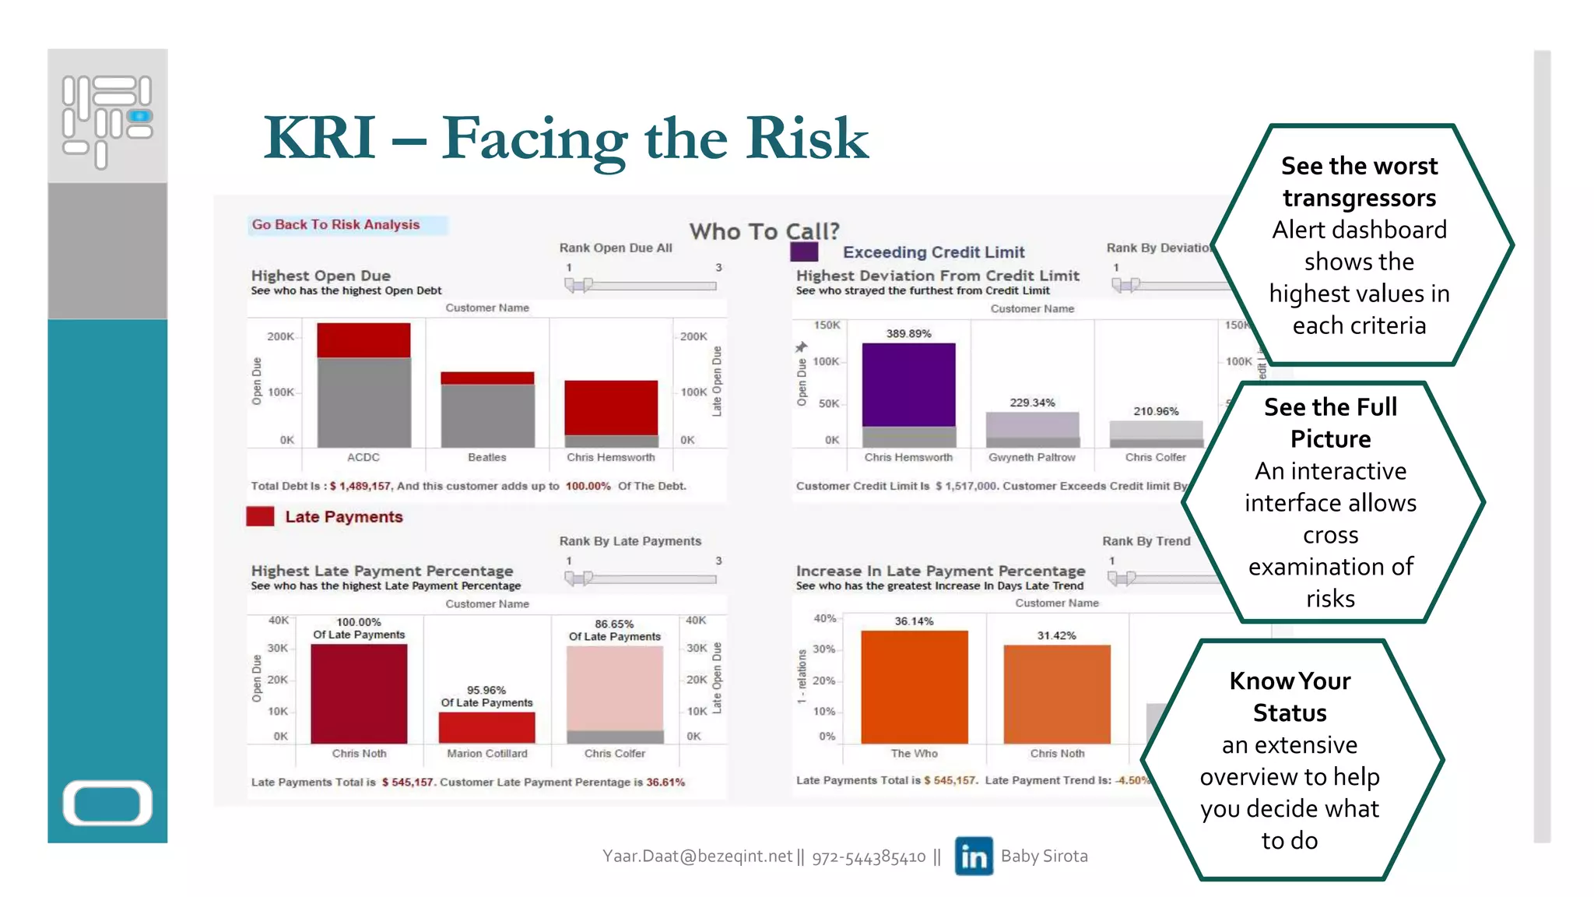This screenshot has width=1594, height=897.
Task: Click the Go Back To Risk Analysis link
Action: [335, 225]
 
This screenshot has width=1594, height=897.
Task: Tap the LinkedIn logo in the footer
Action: [974, 857]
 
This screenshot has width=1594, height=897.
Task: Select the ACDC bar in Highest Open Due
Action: [363, 385]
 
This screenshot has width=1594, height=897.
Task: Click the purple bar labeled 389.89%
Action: [908, 385]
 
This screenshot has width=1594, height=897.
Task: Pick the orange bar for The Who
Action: [915, 687]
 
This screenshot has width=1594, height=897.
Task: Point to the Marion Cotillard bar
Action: [486, 727]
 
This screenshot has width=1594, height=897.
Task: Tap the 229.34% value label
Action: [1032, 403]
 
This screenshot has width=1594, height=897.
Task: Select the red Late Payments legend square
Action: [260, 517]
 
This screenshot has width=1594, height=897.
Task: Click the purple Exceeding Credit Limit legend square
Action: [804, 252]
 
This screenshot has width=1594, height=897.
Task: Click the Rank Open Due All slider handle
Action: [579, 285]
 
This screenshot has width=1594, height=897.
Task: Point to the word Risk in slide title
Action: [807, 139]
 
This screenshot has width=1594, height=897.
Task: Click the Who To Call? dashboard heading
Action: [764, 231]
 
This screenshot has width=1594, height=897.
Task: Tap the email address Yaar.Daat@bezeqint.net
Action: [697, 857]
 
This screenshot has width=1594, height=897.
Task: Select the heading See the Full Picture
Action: [1330, 423]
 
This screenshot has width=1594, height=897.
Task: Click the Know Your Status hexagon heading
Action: [1290, 697]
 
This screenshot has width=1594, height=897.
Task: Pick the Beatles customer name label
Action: [487, 458]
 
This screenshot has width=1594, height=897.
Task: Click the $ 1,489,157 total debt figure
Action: [360, 487]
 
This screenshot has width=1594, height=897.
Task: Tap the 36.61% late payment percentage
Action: [665, 783]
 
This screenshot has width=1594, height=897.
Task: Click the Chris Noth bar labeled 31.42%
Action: [1057, 694]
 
